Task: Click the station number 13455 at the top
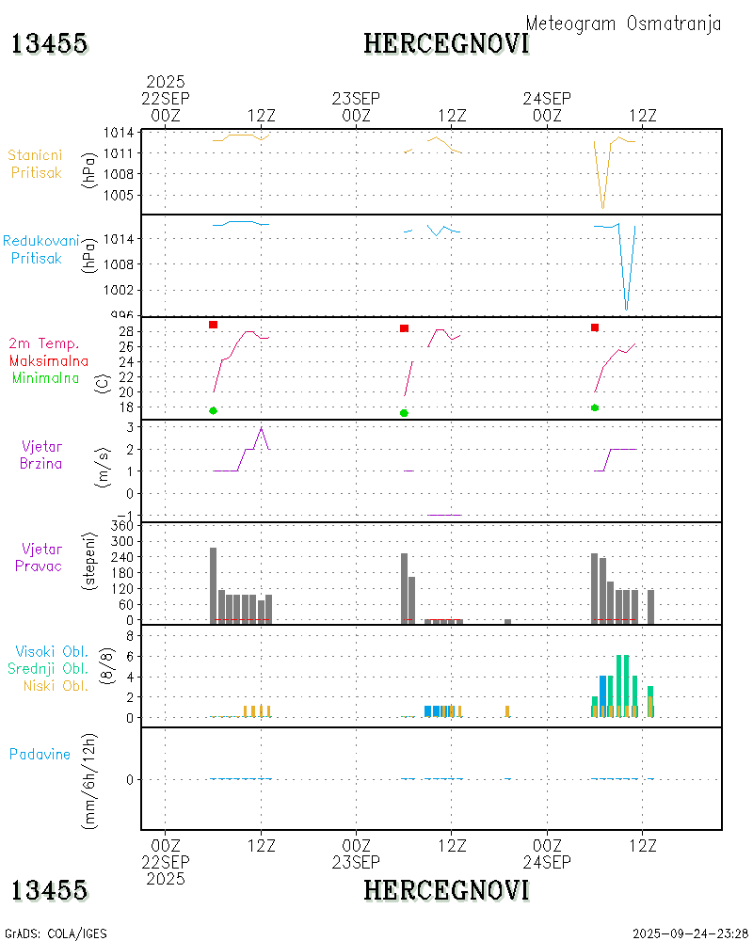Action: pyautogui.click(x=49, y=43)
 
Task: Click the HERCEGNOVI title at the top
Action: pyautogui.click(x=446, y=43)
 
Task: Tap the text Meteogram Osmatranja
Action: pyautogui.click(x=623, y=24)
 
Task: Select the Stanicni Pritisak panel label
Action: pyautogui.click(x=37, y=164)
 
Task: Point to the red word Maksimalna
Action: pyautogui.click(x=49, y=360)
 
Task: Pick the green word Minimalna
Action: pyautogui.click(x=46, y=377)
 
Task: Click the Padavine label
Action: pyautogui.click(x=40, y=754)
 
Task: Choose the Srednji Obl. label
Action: pyautogui.click(x=49, y=668)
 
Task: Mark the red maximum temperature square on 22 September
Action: pyautogui.click(x=214, y=325)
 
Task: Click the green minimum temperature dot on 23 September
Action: pyautogui.click(x=404, y=413)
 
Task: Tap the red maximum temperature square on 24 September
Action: pyautogui.click(x=595, y=327)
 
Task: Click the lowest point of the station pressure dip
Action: pyautogui.click(x=603, y=208)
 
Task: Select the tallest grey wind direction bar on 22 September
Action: pyautogui.click(x=214, y=584)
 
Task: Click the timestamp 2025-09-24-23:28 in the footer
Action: pyautogui.click(x=690, y=933)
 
